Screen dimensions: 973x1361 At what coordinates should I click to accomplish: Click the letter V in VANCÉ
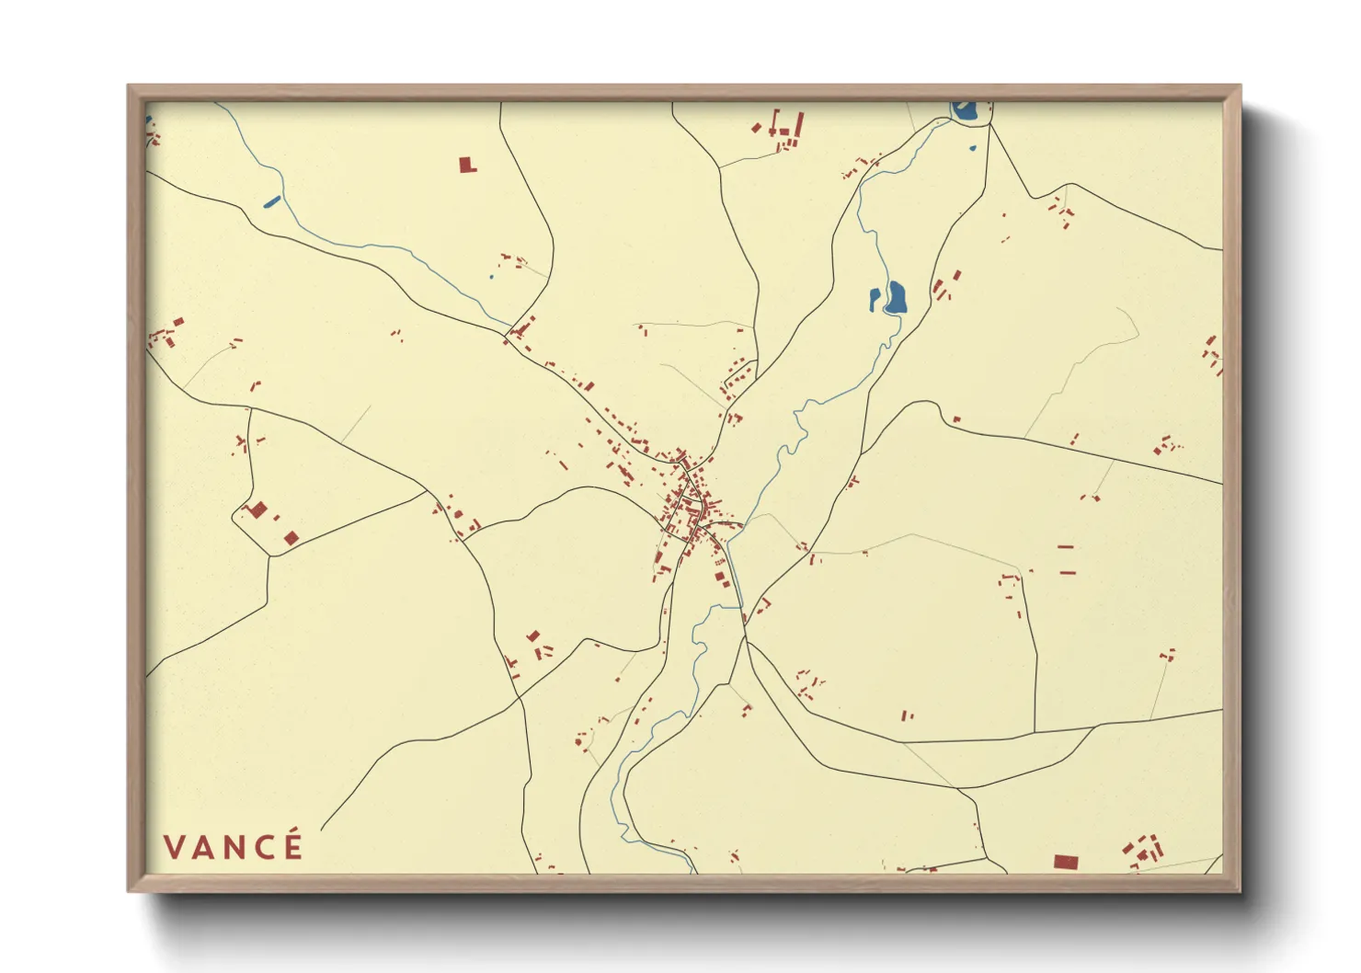point(175,847)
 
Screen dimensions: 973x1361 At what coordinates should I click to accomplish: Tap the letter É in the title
point(292,845)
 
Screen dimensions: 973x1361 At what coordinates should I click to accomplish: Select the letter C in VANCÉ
point(264,847)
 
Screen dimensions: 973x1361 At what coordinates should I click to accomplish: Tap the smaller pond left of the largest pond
point(875,298)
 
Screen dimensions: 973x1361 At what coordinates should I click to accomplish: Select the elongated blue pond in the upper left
point(271,201)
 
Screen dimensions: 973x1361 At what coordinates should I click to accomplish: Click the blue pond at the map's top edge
point(965,110)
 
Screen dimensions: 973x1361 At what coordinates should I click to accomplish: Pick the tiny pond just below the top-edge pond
point(972,148)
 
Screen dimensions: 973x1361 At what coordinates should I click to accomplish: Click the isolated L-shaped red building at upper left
point(468,165)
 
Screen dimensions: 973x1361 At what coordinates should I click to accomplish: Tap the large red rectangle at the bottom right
point(1065,862)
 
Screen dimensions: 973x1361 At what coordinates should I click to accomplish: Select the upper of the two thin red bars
point(1067,547)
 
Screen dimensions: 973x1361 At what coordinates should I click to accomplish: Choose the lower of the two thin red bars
point(1068,573)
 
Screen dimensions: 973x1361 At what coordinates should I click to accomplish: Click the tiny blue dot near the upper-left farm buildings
point(491,276)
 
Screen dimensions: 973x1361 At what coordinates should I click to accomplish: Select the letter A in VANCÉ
point(204,847)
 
